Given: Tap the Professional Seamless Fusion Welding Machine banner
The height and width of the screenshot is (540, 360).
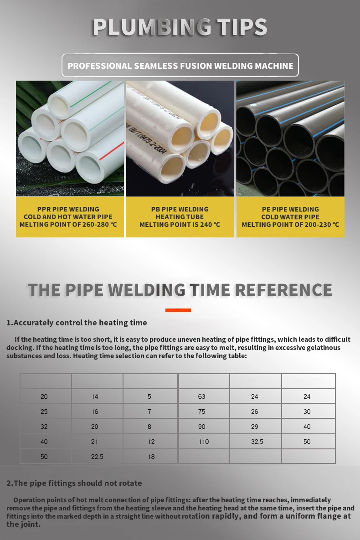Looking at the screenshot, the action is [180, 66].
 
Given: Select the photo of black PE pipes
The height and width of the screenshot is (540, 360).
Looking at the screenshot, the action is [290, 139].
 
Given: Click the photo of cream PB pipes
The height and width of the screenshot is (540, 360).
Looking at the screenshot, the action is [180, 139].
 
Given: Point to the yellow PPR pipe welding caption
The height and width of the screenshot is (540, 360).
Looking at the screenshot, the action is [70, 217].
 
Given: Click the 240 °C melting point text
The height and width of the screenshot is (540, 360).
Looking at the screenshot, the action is [180, 225].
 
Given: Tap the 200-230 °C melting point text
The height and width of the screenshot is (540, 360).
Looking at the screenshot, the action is [290, 225].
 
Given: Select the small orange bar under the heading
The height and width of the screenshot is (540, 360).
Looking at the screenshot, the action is [178, 310].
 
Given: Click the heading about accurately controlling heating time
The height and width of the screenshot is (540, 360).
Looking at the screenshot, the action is [77, 323].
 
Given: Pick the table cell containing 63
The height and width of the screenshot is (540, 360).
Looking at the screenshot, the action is [202, 396].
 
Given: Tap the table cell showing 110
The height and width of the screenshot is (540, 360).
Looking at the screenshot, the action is [203, 442].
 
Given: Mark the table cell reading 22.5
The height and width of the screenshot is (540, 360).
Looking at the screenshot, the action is [97, 456].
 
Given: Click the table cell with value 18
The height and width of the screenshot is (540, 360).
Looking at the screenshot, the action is [151, 456].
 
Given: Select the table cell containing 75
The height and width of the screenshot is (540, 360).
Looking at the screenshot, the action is [202, 411].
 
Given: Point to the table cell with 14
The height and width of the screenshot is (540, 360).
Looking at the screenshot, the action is [95, 396].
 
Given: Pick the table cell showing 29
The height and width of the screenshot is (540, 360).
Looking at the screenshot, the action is [255, 427].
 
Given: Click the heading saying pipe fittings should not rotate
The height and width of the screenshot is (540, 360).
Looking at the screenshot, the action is [74, 483].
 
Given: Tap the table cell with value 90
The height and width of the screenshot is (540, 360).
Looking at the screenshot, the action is [202, 427].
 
